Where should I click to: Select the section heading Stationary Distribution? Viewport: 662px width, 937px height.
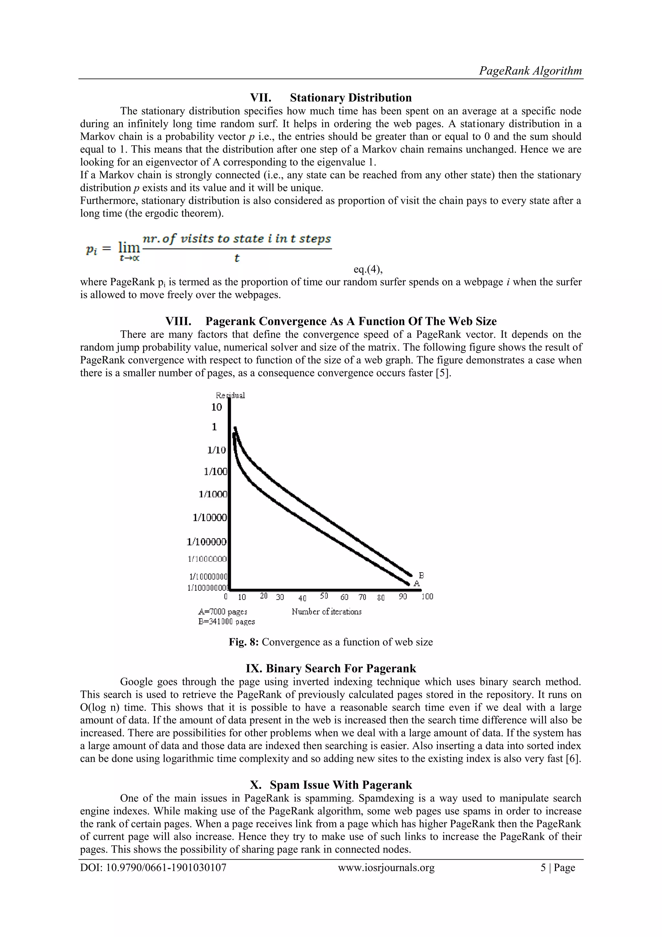pos(350,98)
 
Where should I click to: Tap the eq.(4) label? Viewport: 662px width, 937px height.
pos(368,269)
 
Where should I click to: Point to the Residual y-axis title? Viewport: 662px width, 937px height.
pos(230,395)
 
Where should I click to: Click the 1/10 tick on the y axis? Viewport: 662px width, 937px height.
pos(216,450)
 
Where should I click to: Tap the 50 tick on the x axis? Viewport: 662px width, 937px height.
pos(324,596)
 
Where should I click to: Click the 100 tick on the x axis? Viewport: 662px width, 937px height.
pos(427,597)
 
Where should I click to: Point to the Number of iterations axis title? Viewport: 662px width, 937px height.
pos(326,611)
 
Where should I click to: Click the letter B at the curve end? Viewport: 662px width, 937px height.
pos(422,575)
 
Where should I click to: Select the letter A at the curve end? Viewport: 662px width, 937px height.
pos(416,583)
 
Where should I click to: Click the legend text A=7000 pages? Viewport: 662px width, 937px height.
pos(223,612)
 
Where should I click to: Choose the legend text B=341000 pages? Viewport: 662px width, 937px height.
pos(226,622)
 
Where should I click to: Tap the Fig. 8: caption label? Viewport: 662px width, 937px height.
pos(243,642)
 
